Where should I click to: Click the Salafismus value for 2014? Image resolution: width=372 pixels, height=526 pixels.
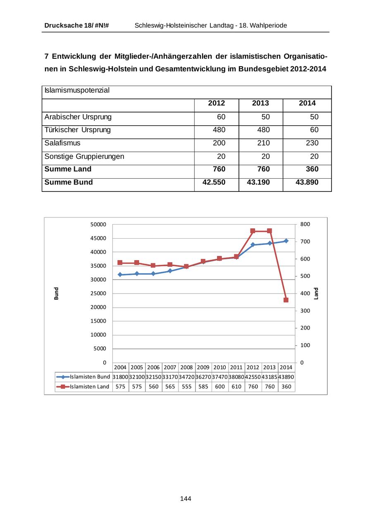point(312,143)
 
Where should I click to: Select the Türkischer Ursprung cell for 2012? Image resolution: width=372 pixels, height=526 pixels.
point(219,130)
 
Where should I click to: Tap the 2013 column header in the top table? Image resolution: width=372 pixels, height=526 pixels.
point(260,103)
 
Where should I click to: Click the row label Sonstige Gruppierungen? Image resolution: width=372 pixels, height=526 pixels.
point(84,156)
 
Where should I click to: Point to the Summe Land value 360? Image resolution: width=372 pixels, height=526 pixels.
point(312,169)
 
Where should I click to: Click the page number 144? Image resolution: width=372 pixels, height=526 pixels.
point(186,499)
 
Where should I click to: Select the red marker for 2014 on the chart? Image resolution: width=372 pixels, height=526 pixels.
point(286,300)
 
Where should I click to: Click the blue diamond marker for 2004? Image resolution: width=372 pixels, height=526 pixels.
point(120,275)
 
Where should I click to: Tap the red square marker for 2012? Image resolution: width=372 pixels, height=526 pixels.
point(253,231)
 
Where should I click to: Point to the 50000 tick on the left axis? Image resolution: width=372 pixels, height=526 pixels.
point(98,224)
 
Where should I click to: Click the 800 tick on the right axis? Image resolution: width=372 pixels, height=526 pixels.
point(305,224)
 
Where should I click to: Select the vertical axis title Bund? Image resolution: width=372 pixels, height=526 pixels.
point(56,293)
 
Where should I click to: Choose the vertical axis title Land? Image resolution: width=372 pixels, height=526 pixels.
point(316,293)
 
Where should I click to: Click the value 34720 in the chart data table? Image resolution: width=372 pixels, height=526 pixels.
point(186,377)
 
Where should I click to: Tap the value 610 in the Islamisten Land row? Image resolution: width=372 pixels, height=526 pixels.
point(236,387)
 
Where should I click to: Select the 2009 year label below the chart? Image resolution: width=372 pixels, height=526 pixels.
point(203,367)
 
